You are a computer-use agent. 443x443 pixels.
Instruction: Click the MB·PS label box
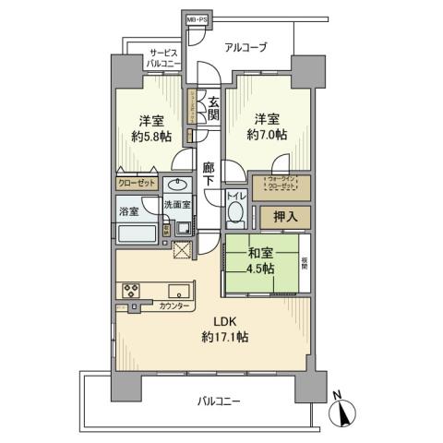click(198, 18)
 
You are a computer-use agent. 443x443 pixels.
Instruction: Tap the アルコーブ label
click(248, 45)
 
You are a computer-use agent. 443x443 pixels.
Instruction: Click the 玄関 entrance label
click(212, 108)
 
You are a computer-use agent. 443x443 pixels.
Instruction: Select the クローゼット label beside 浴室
click(137, 184)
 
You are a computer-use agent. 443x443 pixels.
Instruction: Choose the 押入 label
click(285, 218)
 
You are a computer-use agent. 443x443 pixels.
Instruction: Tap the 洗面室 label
click(177, 205)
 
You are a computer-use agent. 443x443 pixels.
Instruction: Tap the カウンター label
click(175, 305)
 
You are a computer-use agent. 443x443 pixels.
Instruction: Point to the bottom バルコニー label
click(219, 401)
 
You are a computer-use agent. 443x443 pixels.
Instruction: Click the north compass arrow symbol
click(342, 413)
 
